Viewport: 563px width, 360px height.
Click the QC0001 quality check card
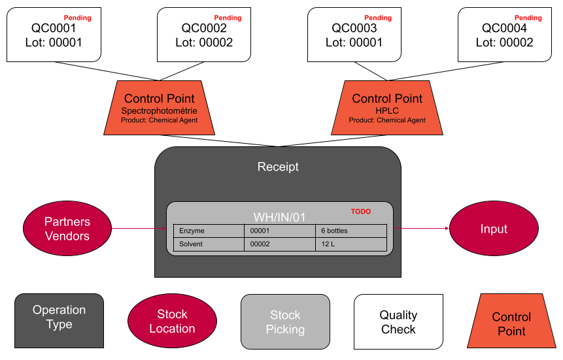pos(54,35)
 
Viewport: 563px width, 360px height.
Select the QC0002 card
pos(204,35)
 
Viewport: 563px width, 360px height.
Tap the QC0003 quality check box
pos(354,35)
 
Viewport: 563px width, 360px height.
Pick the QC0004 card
pos(505,35)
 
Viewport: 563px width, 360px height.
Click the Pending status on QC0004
pos(528,18)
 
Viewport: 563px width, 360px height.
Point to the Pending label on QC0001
pos(77,18)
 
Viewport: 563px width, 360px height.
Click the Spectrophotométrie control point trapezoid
pos(159,108)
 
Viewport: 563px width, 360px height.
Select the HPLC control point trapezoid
pos(387,108)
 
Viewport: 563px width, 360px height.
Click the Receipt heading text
pos(278,167)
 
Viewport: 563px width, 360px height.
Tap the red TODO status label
pos(360,212)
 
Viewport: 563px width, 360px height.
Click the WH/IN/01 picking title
pos(279,218)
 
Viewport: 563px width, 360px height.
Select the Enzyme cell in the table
pos(209,231)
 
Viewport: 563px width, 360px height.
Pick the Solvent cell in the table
pos(209,244)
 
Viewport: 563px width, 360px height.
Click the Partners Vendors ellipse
pos(67,229)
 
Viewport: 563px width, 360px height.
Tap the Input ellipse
pos(494,229)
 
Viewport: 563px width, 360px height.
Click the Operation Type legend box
pos(59,320)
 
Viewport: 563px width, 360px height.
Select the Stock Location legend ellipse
pos(172,321)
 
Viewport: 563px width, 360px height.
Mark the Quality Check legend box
pos(398,321)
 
